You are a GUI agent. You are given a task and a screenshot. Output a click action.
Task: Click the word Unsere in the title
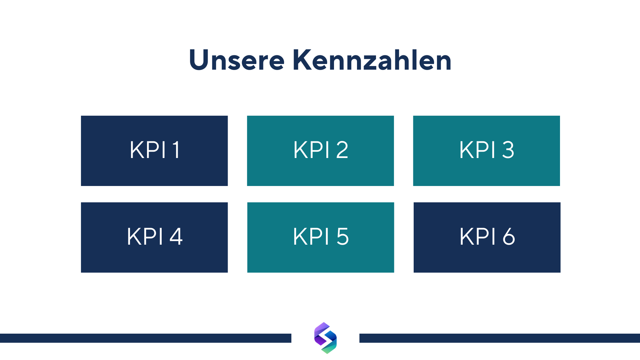click(x=237, y=60)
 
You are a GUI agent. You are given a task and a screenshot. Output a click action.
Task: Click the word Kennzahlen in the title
click(x=372, y=60)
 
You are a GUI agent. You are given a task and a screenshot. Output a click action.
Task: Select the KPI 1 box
click(x=154, y=151)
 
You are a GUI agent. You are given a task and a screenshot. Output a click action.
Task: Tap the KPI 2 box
click(x=320, y=151)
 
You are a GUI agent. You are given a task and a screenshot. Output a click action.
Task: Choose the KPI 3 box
click(x=487, y=151)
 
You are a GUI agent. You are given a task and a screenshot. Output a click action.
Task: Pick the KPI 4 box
click(x=154, y=237)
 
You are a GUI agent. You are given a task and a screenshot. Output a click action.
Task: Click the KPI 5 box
click(x=321, y=237)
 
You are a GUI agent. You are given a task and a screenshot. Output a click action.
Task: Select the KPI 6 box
click(x=487, y=237)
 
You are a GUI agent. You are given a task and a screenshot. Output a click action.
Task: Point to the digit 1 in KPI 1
click(x=177, y=150)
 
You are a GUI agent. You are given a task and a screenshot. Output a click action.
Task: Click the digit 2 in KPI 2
click(x=342, y=150)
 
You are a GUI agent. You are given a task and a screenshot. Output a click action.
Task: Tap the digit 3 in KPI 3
click(x=508, y=150)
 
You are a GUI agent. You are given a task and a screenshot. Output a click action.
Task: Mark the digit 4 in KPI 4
click(x=176, y=236)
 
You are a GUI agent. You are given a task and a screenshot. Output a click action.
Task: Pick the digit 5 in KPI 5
click(x=343, y=237)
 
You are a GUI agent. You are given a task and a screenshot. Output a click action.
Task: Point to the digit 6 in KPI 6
click(x=509, y=237)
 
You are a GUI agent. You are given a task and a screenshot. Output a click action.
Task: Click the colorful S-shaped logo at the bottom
click(x=326, y=338)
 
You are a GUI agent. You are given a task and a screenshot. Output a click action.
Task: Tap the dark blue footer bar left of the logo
click(x=146, y=338)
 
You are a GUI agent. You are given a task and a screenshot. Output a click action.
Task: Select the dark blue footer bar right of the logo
click(x=500, y=338)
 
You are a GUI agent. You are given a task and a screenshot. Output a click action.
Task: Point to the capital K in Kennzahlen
click(x=302, y=60)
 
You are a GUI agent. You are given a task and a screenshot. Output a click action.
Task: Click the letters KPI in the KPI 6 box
click(x=478, y=237)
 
